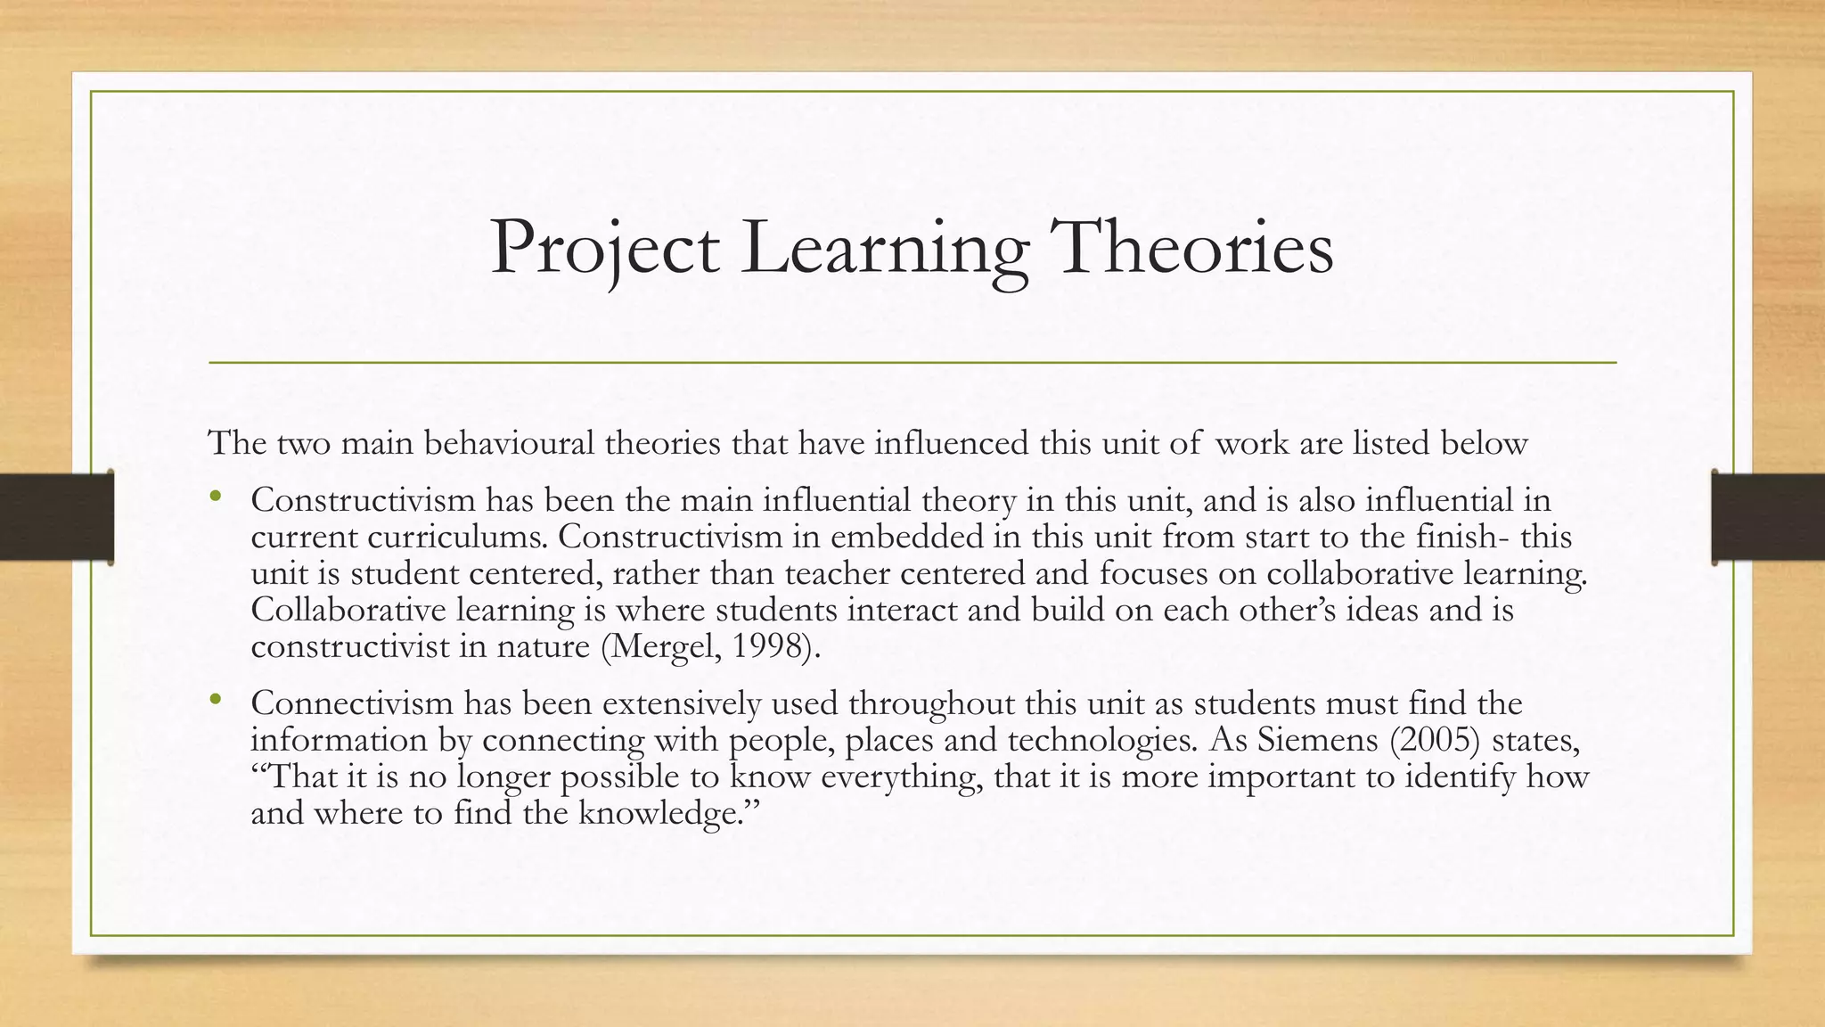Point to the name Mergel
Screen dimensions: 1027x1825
pos(662,646)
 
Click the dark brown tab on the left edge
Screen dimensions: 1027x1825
pos(56,517)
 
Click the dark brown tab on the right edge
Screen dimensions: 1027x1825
pos(1768,517)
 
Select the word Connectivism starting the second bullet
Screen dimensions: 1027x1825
pos(352,703)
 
